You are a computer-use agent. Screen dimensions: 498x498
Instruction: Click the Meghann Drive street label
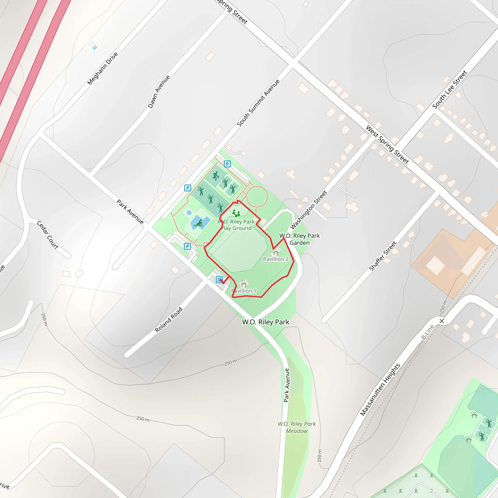click(x=103, y=68)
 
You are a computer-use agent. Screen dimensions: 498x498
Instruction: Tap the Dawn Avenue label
click(x=159, y=91)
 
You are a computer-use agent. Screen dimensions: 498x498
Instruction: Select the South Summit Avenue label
click(x=258, y=103)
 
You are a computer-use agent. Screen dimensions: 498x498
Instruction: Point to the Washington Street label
click(x=309, y=210)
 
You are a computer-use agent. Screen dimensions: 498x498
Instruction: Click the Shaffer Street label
click(x=383, y=256)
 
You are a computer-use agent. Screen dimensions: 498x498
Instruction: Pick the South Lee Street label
click(x=450, y=89)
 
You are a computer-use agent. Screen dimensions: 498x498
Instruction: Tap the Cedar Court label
click(x=48, y=235)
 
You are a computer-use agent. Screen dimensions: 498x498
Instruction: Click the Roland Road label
click(x=169, y=319)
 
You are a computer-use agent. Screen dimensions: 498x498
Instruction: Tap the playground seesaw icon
click(x=236, y=213)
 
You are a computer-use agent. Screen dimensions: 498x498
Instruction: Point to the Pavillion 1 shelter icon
click(x=244, y=284)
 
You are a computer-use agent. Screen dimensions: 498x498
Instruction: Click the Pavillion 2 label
click(x=276, y=259)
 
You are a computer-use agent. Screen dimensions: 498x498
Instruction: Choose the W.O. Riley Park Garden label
click(x=300, y=239)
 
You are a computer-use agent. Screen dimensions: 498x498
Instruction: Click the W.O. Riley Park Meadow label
click(x=297, y=427)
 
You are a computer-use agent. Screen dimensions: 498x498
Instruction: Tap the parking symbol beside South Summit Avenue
click(x=188, y=188)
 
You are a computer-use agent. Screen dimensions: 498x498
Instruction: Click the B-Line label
click(x=428, y=332)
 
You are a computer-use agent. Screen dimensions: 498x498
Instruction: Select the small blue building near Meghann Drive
click(x=95, y=48)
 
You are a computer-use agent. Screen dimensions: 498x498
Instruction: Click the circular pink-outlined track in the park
click(x=257, y=197)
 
